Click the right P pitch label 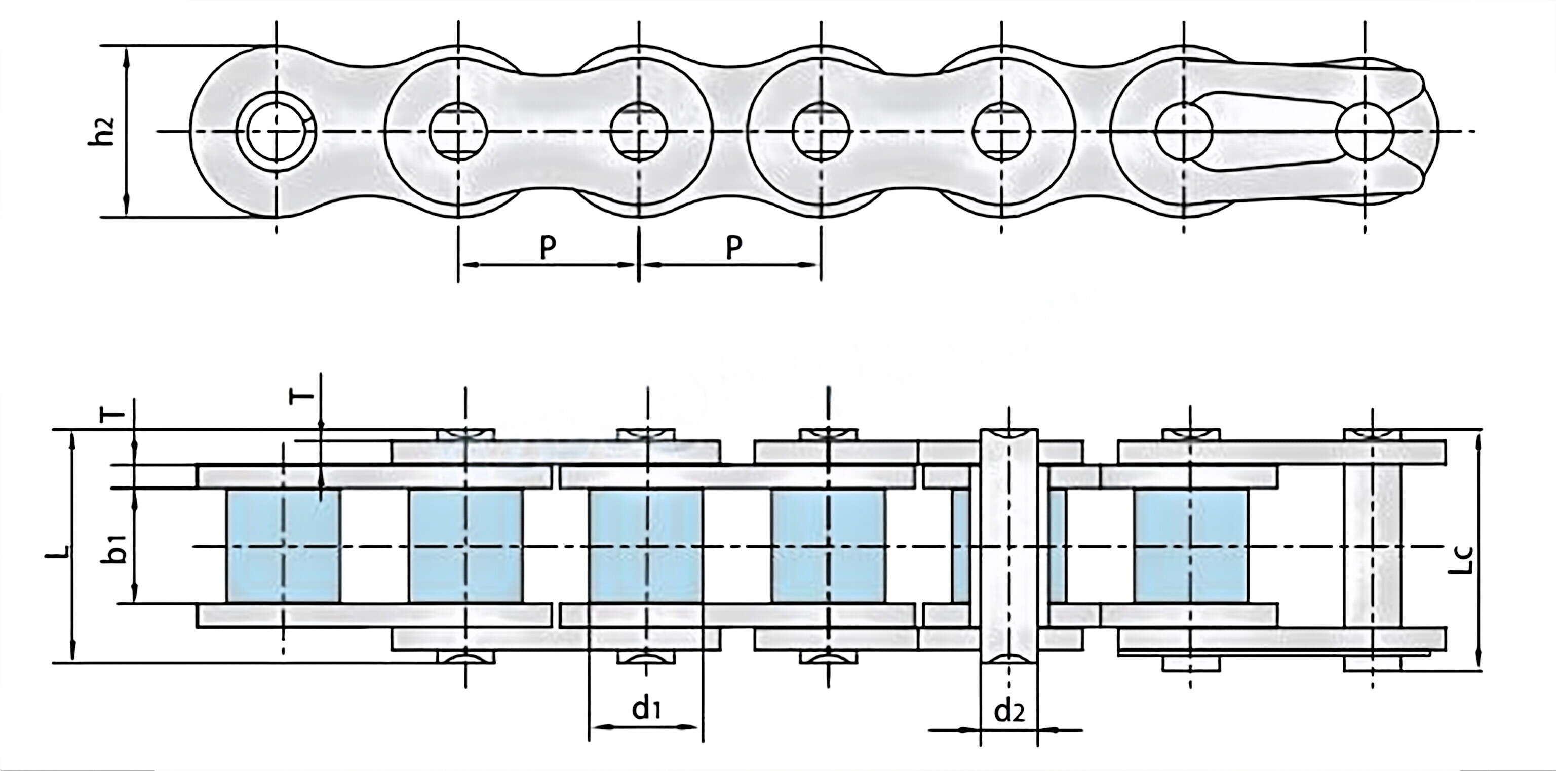tap(733, 248)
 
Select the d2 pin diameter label tap(1009, 712)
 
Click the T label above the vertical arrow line tap(304, 395)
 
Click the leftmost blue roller tap(283, 546)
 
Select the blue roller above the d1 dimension tap(646, 546)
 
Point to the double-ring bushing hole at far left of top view tap(276, 131)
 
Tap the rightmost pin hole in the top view tap(1365, 131)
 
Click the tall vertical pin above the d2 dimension tap(1009, 546)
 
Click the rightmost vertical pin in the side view tap(1372, 546)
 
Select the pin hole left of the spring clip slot tap(1183, 131)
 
